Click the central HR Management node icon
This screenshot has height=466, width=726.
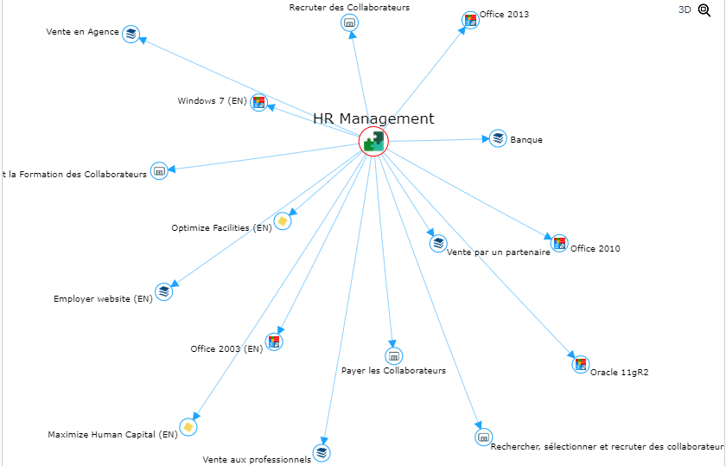click(373, 141)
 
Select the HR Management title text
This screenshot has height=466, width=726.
click(373, 119)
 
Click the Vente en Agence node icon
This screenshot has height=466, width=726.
click(131, 34)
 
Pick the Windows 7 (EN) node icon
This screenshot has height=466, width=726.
click(259, 103)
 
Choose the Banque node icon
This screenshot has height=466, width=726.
click(498, 138)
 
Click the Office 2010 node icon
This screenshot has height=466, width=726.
click(559, 243)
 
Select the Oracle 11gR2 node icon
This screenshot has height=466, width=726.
click(581, 364)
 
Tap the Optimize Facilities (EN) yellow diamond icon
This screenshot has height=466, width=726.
click(282, 220)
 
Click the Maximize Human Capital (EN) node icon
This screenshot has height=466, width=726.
click(188, 426)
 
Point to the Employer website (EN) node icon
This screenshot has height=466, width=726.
click(164, 291)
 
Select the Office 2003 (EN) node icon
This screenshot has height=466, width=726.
click(274, 342)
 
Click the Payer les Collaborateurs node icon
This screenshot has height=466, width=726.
click(393, 355)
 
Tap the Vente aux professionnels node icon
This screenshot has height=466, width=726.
click(322, 452)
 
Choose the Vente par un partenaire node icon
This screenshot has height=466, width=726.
click(438, 243)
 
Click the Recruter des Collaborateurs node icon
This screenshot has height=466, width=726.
click(350, 22)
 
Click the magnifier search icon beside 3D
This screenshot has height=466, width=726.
click(704, 10)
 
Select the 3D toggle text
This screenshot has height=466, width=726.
click(685, 10)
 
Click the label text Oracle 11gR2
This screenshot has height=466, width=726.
click(620, 373)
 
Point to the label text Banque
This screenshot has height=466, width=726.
click(526, 140)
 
